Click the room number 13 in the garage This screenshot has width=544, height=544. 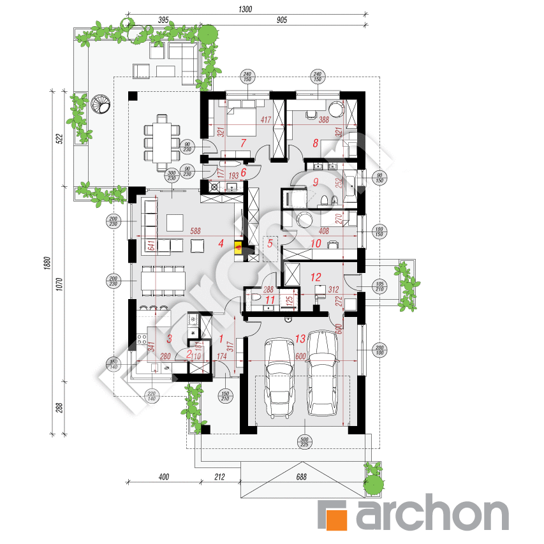pyautogui.click(x=300, y=339)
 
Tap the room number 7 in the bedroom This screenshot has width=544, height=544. pyautogui.click(x=243, y=143)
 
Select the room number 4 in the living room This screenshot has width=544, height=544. pyautogui.click(x=221, y=243)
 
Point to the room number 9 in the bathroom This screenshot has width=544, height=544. pyautogui.click(x=315, y=182)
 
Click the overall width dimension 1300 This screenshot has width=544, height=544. pyautogui.click(x=246, y=9)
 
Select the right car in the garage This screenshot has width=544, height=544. pyautogui.click(x=322, y=372)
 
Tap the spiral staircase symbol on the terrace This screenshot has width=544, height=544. pyautogui.click(x=101, y=103)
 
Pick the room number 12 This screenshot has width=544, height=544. pyautogui.click(x=315, y=277)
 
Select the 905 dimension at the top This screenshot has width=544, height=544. pyautogui.click(x=283, y=20)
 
